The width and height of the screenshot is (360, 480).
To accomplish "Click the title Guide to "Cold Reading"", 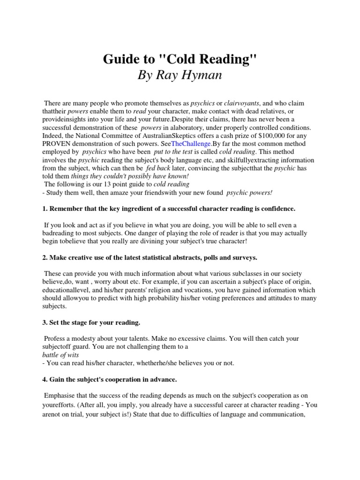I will point(180,61).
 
